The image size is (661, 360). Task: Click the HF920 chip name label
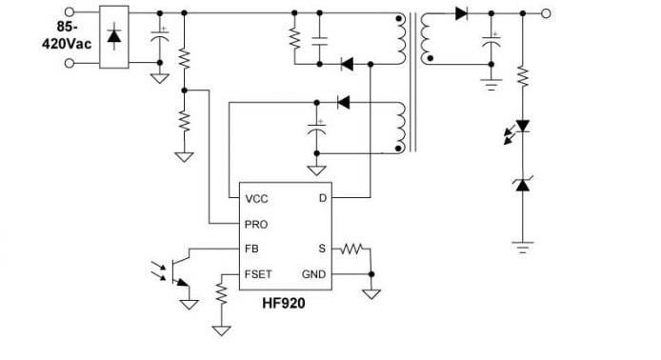[x=284, y=304]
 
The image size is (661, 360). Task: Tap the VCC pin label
[x=257, y=199]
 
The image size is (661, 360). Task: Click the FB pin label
[x=252, y=250]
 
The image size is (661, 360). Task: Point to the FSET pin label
[x=259, y=273]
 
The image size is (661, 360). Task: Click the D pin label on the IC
[x=322, y=199]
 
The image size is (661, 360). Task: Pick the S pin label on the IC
[x=322, y=250]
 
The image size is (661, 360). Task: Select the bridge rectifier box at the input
[x=114, y=39]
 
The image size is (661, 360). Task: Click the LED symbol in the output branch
[x=522, y=128]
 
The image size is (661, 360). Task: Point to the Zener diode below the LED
[x=522, y=184]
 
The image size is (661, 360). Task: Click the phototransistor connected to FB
[x=178, y=269]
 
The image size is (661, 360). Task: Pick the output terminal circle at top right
[x=547, y=13]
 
